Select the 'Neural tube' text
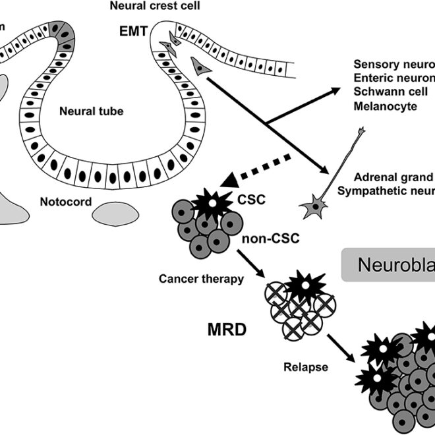pyautogui.click(x=92, y=111)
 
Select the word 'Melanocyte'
pyautogui.click(x=384, y=106)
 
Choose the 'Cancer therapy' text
pyautogui.click(x=200, y=278)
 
